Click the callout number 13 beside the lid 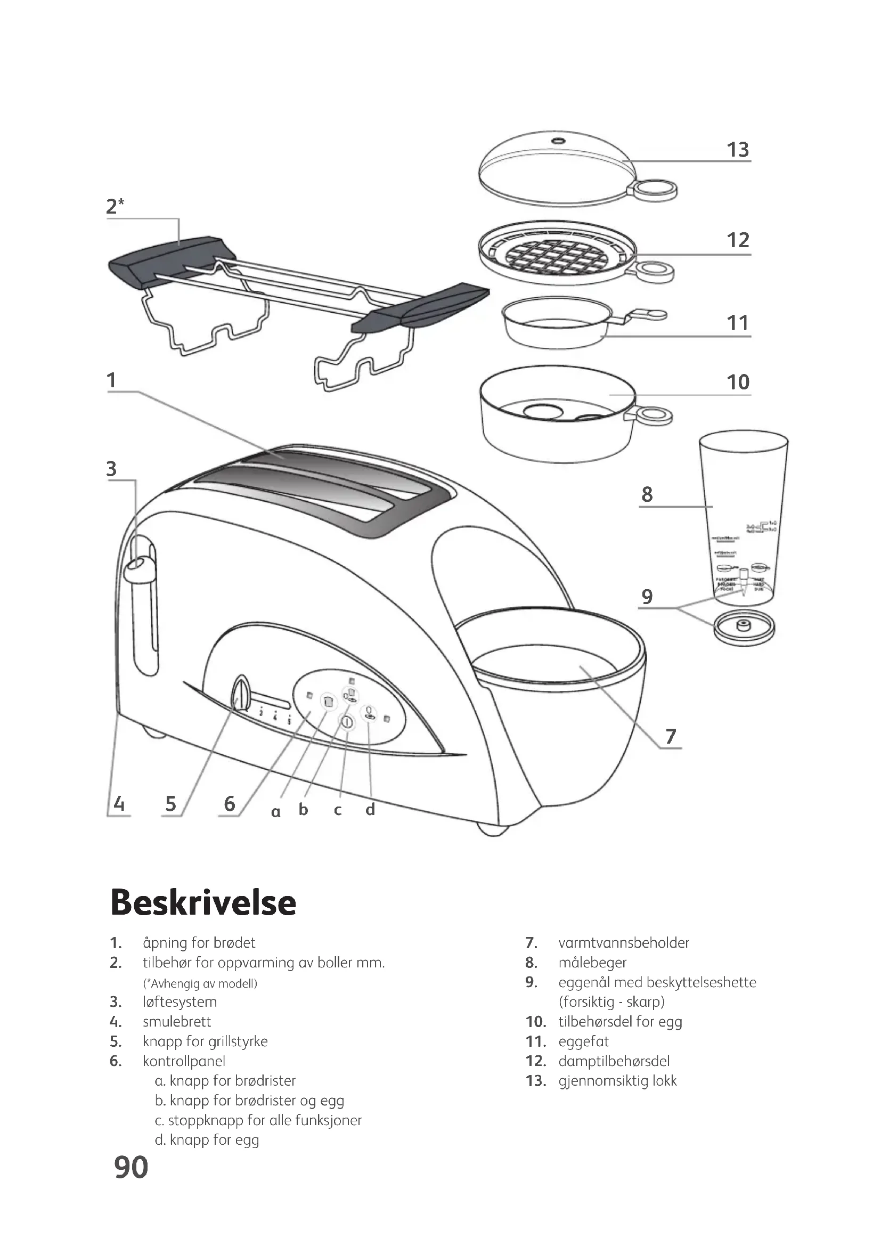(738, 150)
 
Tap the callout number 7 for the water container (671, 736)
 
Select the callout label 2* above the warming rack (115, 206)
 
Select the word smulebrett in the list (177, 1022)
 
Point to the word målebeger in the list (592, 963)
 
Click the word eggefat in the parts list (584, 1041)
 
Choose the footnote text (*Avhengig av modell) (200, 983)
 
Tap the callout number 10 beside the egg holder (738, 382)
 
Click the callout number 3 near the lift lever (111, 468)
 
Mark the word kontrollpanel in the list (184, 1061)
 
